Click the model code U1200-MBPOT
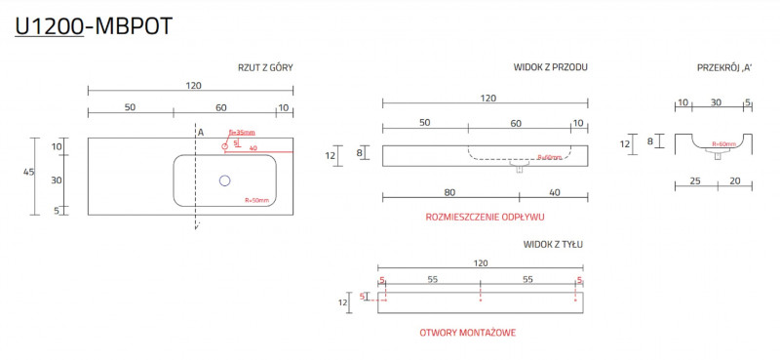(94, 27)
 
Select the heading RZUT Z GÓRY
(265, 68)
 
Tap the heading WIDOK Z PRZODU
(550, 68)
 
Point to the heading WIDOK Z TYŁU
(553, 244)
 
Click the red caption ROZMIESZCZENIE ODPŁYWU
(486, 217)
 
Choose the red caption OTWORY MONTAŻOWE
(467, 333)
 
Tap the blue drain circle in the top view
(225, 180)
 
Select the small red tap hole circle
(224, 145)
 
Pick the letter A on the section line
(200, 132)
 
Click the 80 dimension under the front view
(423, 192)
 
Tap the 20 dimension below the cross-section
(733, 180)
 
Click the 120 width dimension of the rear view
(480, 263)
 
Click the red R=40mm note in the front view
(551, 157)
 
